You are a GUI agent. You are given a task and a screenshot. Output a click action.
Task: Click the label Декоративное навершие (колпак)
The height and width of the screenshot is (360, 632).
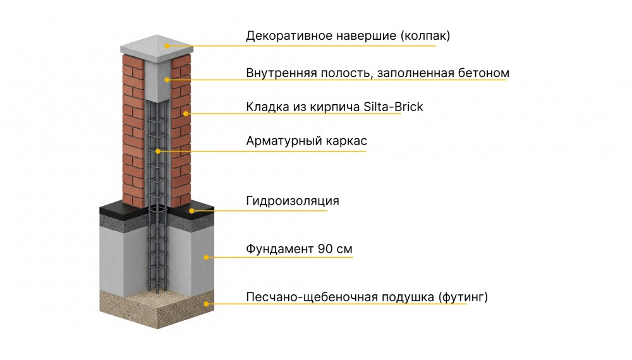pyautogui.click(x=348, y=36)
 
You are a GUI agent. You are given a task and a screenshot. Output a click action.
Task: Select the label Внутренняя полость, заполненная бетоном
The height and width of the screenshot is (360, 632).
pyautogui.click(x=378, y=73)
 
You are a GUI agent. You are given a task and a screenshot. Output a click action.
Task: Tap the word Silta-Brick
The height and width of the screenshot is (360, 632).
pyautogui.click(x=393, y=107)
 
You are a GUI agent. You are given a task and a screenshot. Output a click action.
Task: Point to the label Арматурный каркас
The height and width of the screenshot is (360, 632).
pyautogui.click(x=307, y=141)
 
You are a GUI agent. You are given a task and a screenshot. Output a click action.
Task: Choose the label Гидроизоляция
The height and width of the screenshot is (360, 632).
pyautogui.click(x=293, y=201)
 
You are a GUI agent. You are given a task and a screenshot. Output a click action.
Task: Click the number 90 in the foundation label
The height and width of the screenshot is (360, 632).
pyautogui.click(x=325, y=249)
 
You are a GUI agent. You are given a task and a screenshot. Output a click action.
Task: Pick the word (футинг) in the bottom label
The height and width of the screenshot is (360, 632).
pyautogui.click(x=463, y=297)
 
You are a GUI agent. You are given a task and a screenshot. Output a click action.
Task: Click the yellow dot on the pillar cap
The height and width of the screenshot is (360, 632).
pyautogui.click(x=167, y=46)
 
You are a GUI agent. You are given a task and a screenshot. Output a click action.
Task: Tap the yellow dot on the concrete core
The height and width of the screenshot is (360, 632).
pyautogui.click(x=167, y=80)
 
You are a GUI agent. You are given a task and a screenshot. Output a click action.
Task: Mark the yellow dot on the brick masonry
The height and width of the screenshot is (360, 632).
pyautogui.click(x=185, y=114)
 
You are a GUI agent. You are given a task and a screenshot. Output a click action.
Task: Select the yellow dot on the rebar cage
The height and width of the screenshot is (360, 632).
pyautogui.click(x=158, y=152)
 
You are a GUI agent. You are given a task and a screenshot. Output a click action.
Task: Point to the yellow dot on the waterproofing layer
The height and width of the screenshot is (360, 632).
pyautogui.click(x=192, y=210)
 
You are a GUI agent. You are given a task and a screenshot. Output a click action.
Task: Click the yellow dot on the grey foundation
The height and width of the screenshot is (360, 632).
pyautogui.click(x=206, y=257)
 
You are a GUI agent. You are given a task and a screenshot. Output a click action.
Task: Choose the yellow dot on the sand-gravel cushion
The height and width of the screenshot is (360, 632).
pyautogui.click(x=207, y=304)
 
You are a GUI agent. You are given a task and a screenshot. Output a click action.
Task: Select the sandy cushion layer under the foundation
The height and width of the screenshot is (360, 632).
pyautogui.click(x=157, y=308)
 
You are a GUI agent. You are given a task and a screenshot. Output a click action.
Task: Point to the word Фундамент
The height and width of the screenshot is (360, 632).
pyautogui.click(x=280, y=249)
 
